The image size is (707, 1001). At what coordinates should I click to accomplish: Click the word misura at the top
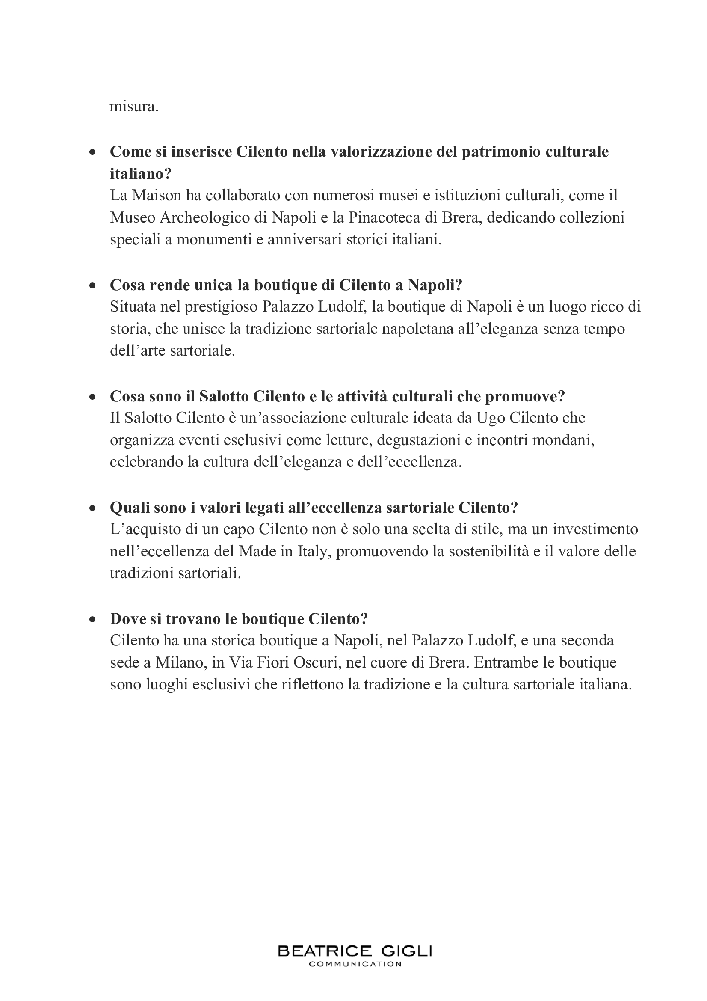[x=133, y=107]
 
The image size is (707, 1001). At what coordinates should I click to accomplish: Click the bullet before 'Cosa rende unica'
[x=92, y=286]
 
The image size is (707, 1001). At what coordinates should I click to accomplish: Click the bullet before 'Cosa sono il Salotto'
[x=92, y=397]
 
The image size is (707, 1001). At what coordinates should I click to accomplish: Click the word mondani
[x=564, y=440]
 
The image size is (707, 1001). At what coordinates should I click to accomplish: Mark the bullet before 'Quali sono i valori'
[x=92, y=508]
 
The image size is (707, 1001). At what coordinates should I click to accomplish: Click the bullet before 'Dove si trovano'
[x=92, y=620]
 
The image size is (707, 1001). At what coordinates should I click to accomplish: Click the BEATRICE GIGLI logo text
[x=355, y=951]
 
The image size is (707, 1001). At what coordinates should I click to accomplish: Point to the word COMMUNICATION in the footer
[x=355, y=964]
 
